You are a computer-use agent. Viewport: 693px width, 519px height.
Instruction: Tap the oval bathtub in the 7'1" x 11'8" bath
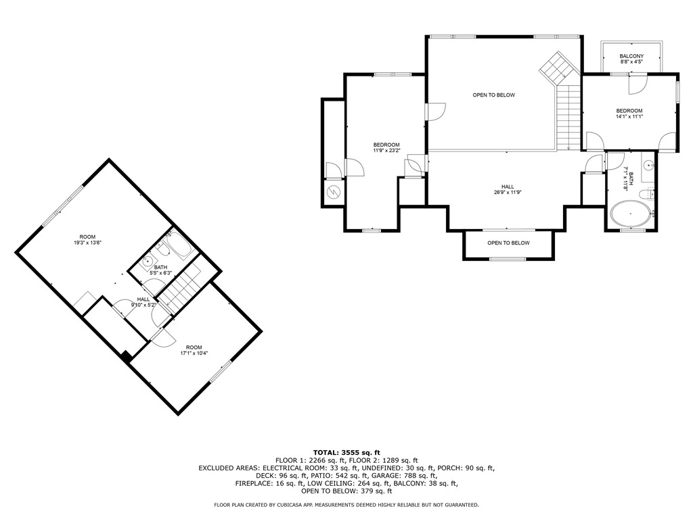pos(631,214)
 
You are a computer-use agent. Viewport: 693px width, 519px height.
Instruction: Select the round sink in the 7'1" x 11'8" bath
pos(649,166)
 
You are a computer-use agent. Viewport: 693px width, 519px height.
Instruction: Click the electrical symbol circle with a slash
pos(333,192)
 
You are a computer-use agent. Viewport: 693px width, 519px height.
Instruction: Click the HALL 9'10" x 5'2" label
pos(143,302)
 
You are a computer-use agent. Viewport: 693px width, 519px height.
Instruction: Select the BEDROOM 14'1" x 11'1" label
pos(629,114)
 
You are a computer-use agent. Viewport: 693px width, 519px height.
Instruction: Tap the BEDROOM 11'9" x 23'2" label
pos(386,147)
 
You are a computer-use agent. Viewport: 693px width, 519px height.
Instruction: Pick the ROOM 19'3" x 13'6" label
pos(87,240)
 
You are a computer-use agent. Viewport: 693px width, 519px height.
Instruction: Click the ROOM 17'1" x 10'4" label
pos(194,350)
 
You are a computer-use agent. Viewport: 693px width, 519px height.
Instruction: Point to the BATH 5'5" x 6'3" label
pos(160,270)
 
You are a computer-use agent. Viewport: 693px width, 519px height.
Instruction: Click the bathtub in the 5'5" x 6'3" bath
pos(180,245)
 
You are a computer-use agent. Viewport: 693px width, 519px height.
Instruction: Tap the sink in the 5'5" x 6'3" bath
pos(147,262)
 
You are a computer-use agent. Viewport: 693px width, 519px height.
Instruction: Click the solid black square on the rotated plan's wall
pos(127,356)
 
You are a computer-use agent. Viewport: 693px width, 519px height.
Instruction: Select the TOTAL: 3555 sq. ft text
pos(346,452)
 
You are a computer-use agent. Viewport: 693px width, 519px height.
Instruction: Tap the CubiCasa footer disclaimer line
pos(346,504)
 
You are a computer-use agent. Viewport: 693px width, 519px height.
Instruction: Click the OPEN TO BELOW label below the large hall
pos(508,243)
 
